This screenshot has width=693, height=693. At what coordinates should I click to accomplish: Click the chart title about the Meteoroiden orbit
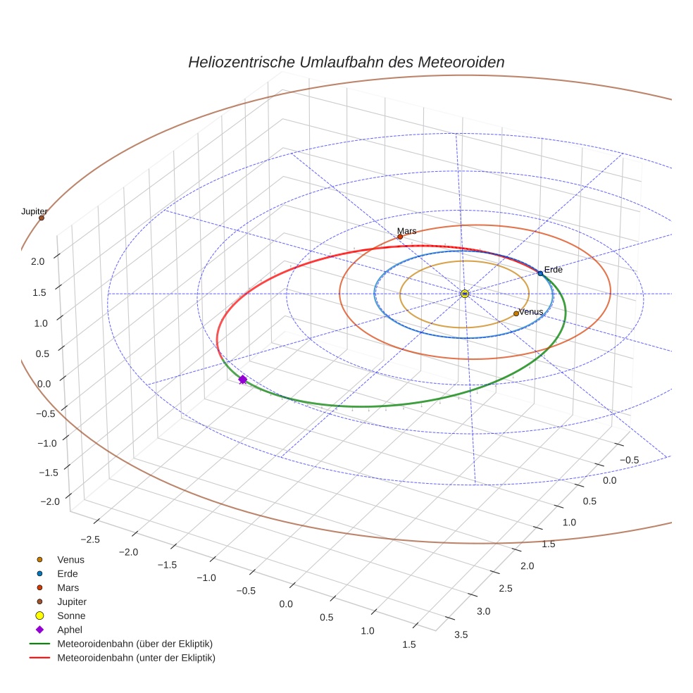346,62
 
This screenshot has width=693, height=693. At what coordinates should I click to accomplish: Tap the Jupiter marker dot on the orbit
42,218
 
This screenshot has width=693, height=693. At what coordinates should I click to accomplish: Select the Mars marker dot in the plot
400,237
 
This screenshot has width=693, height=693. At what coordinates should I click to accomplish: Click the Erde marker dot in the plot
540,273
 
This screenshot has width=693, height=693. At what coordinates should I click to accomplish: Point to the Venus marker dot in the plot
516,313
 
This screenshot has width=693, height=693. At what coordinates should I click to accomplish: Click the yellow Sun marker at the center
465,294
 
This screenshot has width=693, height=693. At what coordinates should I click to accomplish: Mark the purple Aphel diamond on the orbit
243,380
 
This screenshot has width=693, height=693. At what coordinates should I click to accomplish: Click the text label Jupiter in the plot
35,211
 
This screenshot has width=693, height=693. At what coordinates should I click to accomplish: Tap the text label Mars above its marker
407,231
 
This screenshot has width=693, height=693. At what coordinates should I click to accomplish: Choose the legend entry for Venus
70,559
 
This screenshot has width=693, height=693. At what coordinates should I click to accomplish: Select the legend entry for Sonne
71,616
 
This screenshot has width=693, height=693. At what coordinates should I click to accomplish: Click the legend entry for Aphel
70,630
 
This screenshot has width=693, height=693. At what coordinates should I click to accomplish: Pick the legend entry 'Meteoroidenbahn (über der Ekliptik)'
135,644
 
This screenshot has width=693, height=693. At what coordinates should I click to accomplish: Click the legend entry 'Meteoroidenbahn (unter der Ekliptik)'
136,658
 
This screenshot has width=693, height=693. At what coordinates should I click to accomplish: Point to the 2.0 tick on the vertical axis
38,261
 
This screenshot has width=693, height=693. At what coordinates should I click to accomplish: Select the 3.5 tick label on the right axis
461,635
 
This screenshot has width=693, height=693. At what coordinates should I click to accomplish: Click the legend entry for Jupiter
72,601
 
